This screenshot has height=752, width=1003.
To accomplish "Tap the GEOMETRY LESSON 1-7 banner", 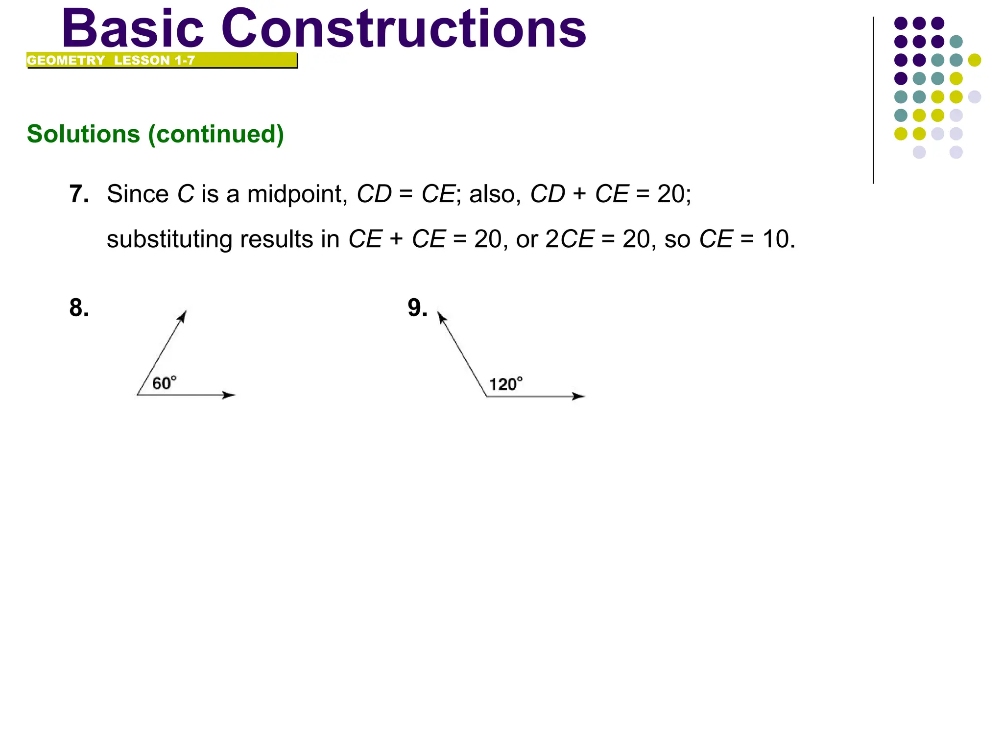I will click(x=162, y=60).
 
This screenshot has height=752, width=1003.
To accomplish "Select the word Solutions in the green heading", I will click(x=83, y=134).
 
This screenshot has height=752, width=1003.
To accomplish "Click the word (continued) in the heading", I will click(x=216, y=135).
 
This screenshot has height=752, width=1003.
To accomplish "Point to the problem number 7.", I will click(x=79, y=194).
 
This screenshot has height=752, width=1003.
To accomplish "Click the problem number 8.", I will click(x=79, y=308).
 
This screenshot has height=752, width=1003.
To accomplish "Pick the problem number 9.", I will click(x=417, y=308).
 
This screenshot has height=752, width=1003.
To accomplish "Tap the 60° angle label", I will click(x=164, y=383).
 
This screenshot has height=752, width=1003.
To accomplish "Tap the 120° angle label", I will click(x=506, y=384).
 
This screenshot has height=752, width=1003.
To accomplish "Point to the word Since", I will click(x=138, y=194).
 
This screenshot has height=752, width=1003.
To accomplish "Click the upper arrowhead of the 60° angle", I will click(x=183, y=316).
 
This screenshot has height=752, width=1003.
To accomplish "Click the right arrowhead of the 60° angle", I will click(x=229, y=395).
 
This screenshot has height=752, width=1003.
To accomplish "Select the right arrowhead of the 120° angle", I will click(x=579, y=396).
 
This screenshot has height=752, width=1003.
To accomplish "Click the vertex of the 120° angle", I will click(x=487, y=396).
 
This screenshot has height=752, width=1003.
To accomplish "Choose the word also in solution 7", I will click(x=495, y=194).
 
